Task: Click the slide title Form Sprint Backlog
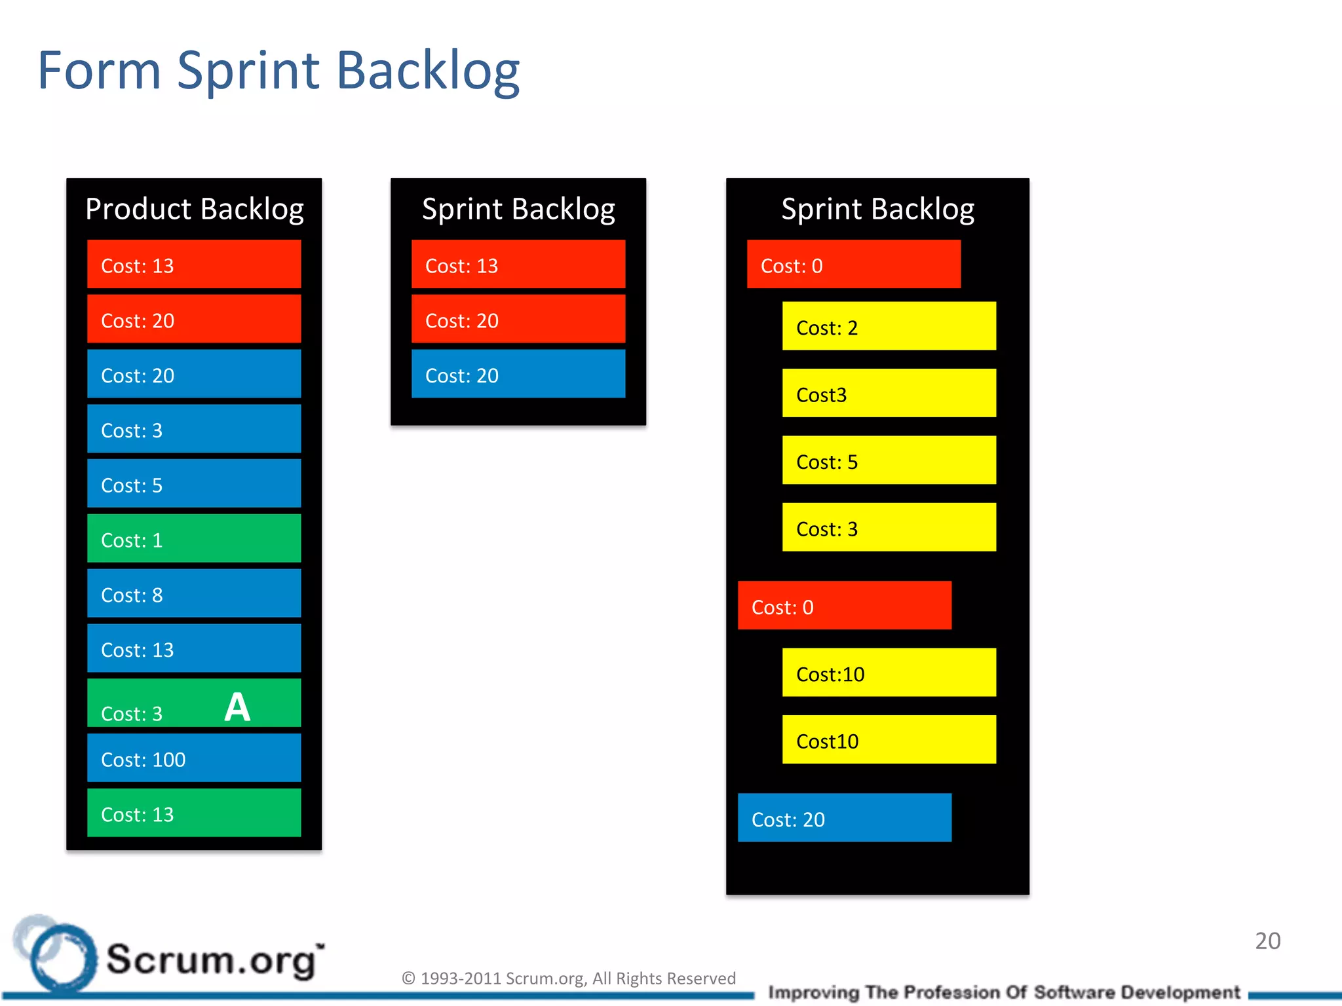coord(278,71)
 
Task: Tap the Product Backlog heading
coord(194,209)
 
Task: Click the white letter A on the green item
coord(237,707)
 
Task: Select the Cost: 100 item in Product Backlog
coord(194,758)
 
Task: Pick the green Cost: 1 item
coord(194,538)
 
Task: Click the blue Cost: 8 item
coord(194,593)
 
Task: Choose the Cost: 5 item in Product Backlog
coord(194,484)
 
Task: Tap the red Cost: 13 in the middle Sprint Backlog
coord(518,264)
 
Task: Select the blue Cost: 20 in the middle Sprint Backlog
coord(518,374)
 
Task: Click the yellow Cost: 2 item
coord(889,326)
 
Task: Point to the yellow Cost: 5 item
coord(889,460)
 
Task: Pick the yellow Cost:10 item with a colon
coord(889,673)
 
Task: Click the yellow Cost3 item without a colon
coord(889,394)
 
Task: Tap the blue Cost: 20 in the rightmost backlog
coord(844,818)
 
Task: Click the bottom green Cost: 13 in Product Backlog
coord(194,813)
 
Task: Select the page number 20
coord(1267,941)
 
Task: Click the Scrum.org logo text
coord(214,959)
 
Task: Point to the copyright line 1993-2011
coord(568,978)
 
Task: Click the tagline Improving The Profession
coord(1003,992)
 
